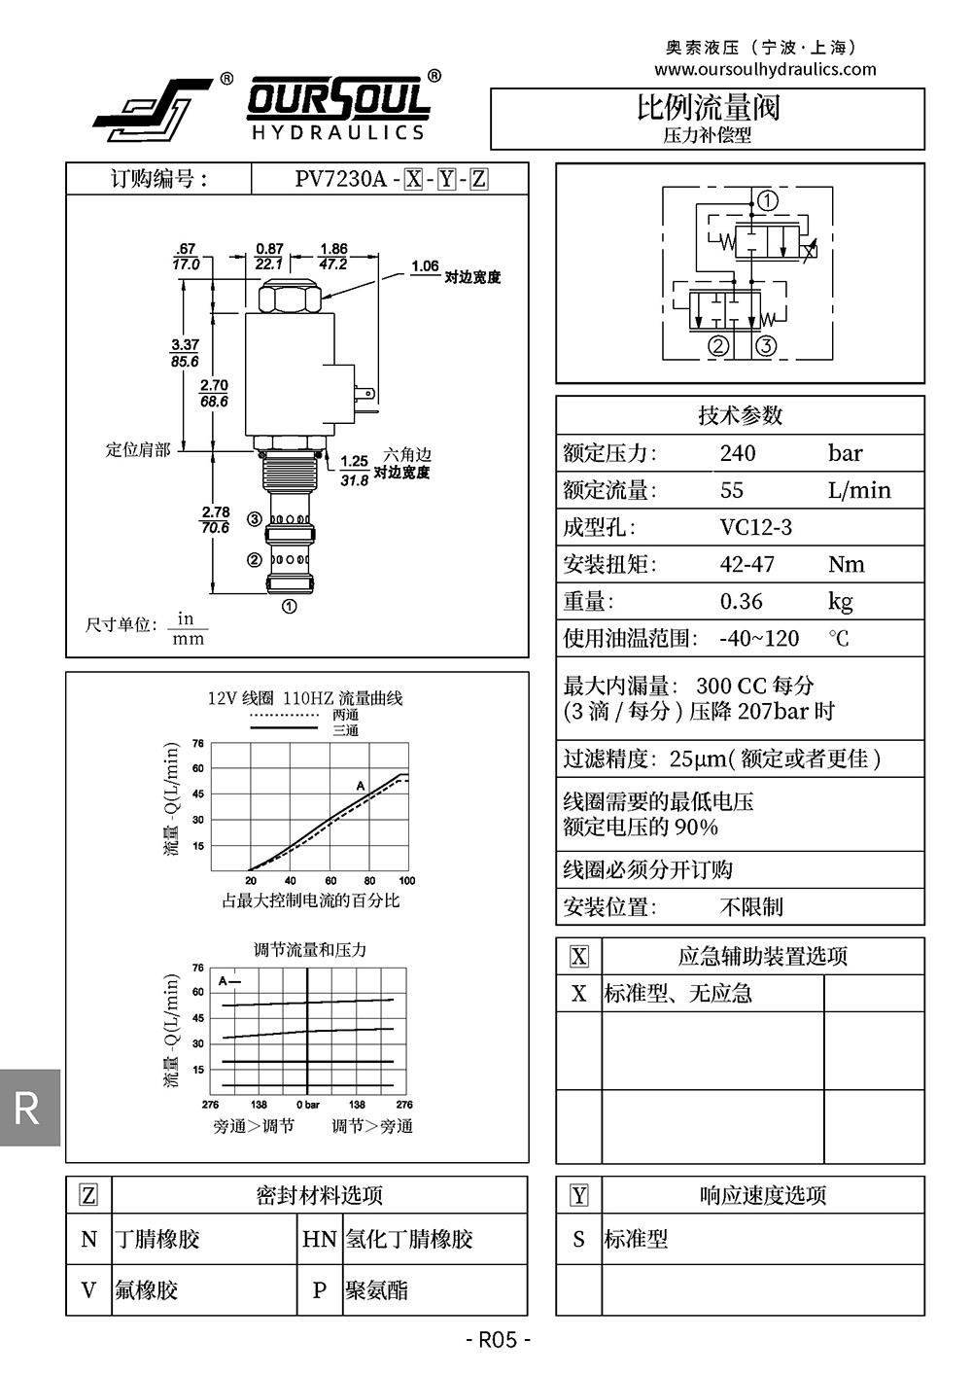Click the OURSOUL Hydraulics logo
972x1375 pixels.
pos(262,107)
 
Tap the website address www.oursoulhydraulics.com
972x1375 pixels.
pos(765,69)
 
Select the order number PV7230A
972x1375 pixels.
pos(340,179)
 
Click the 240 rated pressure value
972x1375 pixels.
pos(738,453)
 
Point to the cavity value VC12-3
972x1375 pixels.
pos(755,527)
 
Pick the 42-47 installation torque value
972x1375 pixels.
pos(746,564)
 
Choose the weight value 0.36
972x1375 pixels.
pos(741,601)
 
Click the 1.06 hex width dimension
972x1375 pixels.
pos(425,265)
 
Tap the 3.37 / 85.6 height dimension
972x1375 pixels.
pos(185,353)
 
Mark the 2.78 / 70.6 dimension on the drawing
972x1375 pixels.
pos(216,519)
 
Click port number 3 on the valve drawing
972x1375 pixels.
pos(254,519)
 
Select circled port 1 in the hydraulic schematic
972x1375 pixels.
pos(768,201)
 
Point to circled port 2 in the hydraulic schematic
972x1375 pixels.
pos(718,346)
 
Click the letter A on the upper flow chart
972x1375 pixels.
pos(360,786)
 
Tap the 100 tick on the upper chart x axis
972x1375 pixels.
pos(406,881)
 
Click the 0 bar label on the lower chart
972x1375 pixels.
pos(307,1105)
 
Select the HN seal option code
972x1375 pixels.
pos(319,1239)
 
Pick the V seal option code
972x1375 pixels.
pos(88,1290)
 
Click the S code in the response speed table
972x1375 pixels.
pos(578,1239)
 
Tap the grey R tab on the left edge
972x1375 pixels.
pos(28,1108)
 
